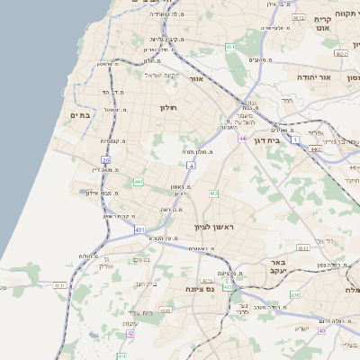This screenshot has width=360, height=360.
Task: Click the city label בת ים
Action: pos(80,115)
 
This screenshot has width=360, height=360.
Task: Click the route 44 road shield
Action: pos(242,139)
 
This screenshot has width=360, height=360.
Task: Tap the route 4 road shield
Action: pos(191,166)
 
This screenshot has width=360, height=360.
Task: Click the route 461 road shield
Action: pos(230,47)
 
